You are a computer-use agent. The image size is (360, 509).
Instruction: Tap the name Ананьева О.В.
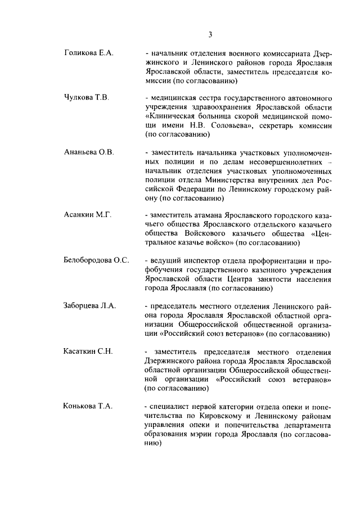88,152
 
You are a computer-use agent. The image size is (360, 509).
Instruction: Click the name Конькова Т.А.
88,406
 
